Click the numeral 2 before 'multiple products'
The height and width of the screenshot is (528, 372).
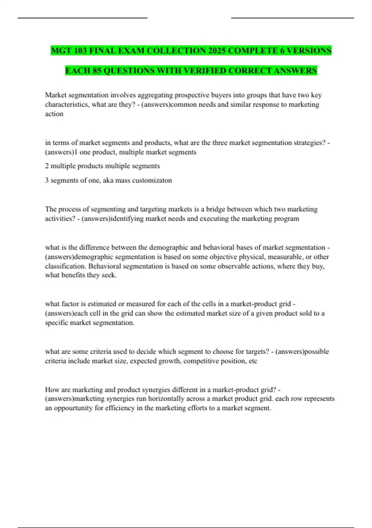click(x=47, y=166)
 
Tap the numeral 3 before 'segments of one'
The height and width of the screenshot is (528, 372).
click(x=47, y=180)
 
